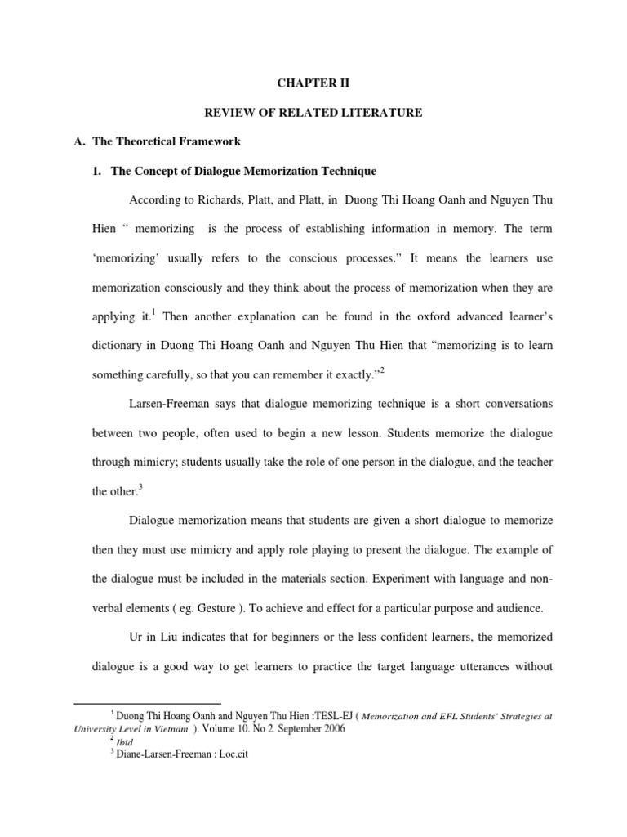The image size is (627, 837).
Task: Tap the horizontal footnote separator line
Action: (148, 703)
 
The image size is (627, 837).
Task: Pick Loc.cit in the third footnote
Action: (229, 755)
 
